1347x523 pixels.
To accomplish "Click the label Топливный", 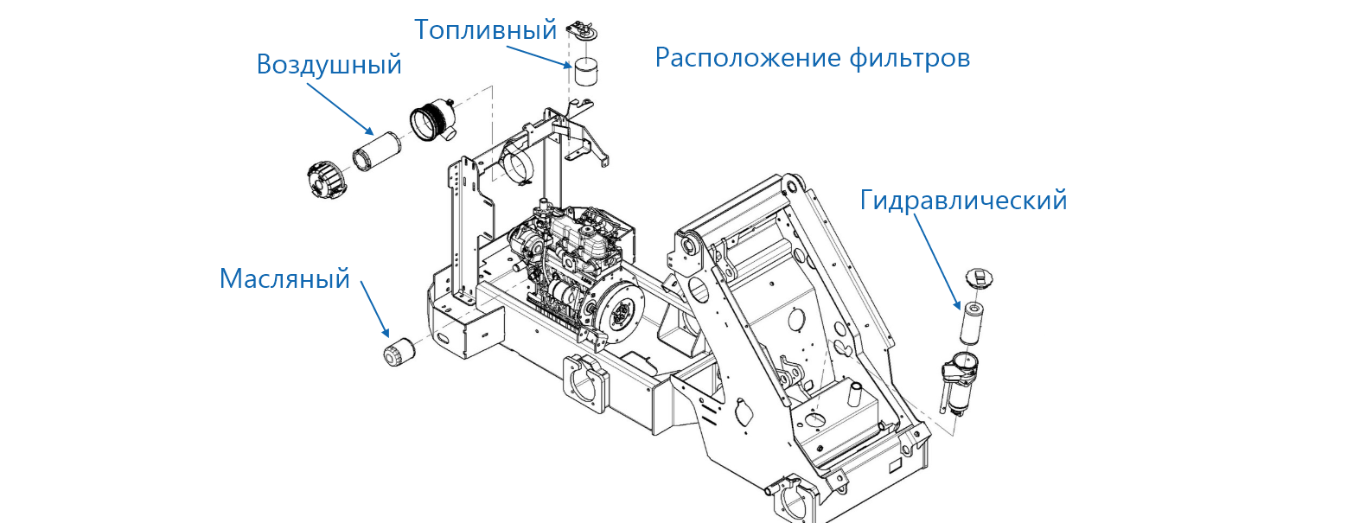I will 485,30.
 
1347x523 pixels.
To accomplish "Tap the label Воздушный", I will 329,65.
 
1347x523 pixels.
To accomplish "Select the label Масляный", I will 284,278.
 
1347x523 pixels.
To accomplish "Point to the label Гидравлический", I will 963,201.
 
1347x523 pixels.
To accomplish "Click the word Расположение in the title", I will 743,59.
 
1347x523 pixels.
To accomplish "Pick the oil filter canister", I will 399,353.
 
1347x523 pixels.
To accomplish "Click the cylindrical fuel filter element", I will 587,72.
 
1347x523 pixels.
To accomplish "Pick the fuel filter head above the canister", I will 581,31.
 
